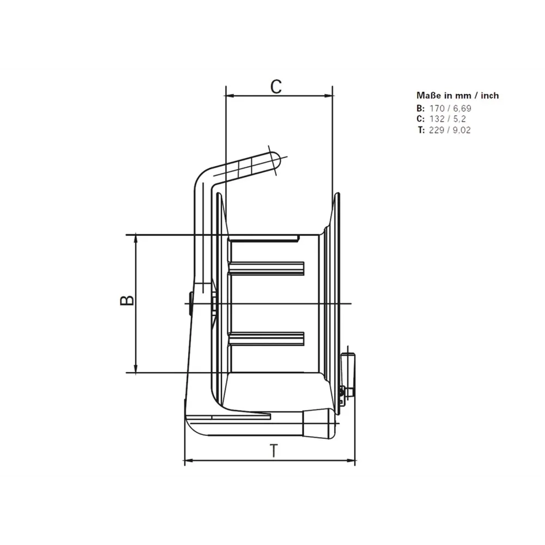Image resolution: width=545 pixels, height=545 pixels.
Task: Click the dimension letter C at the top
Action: [277, 87]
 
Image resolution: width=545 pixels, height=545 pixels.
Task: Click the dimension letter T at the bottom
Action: [275, 451]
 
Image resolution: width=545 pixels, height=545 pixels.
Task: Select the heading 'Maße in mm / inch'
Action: [458, 95]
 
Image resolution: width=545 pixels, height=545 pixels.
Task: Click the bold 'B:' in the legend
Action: [420, 108]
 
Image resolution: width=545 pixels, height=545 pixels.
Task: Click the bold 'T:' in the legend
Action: [421, 130]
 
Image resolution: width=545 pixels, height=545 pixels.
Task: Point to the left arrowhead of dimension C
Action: [228, 96]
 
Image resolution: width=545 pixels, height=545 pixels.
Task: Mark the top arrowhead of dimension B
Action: [136, 239]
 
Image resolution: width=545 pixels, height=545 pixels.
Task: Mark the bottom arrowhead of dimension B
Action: [136, 369]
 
